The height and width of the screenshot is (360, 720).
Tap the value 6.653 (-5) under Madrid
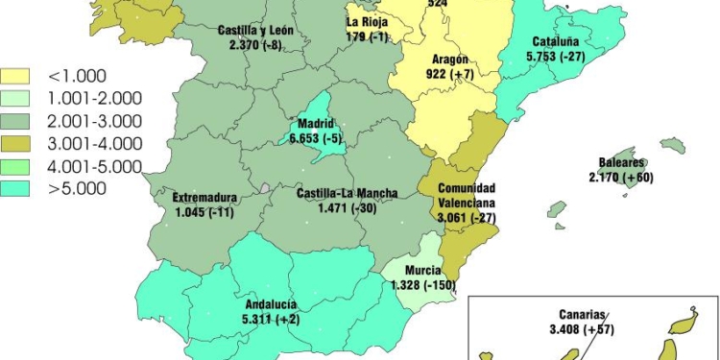pos(316,139)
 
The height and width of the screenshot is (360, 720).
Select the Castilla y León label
pos(255,31)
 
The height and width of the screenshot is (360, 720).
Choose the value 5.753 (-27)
pos(558,57)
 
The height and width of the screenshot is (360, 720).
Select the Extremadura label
pos(205,199)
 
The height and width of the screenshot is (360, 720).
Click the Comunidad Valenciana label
pos(467,196)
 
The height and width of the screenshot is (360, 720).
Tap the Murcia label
pos(422,271)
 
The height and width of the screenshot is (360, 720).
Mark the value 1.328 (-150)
pos(422,284)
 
